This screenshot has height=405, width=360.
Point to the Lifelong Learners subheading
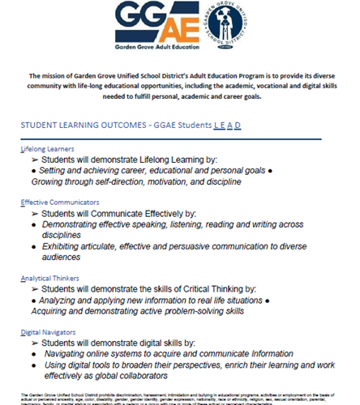tap(49, 149)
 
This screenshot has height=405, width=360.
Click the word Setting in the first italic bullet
tap(51, 172)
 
